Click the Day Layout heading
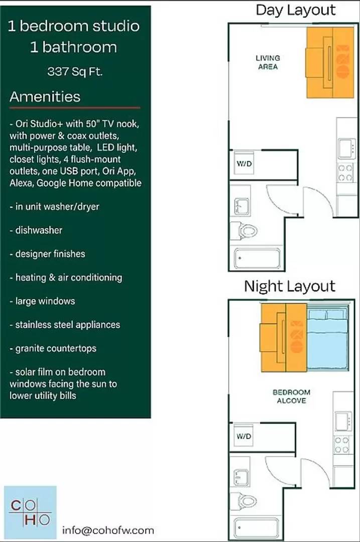[x=295, y=10]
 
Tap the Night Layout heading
[x=289, y=287]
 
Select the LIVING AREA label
[x=268, y=62]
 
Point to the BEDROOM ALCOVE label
[x=291, y=396]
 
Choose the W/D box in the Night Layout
[x=244, y=436]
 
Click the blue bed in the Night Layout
[x=327, y=339]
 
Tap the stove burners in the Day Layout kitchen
[x=345, y=173]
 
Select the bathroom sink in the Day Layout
[x=240, y=205]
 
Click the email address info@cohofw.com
[x=108, y=530]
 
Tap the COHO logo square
[x=30, y=512]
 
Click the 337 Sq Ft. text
[x=75, y=71]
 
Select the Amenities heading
[x=45, y=97]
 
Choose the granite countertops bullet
[x=53, y=348]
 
